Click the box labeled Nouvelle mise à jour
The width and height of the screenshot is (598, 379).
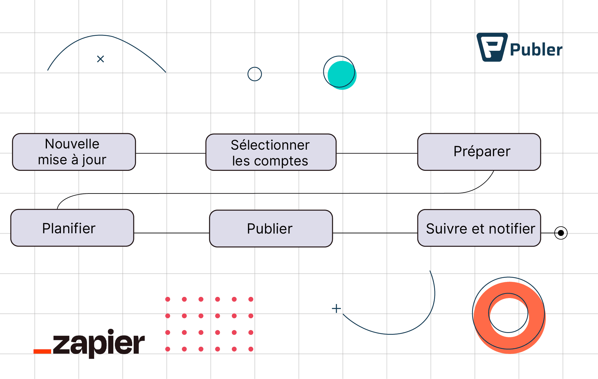point(74,152)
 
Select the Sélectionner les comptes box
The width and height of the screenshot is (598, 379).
point(271,152)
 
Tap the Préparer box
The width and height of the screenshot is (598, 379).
point(479,152)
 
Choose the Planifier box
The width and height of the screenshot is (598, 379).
point(72,228)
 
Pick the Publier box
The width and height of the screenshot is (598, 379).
point(271,229)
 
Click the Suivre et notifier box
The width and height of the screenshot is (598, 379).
point(479,228)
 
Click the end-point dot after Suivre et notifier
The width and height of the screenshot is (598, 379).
point(561,233)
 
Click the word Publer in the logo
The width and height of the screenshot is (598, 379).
point(536,50)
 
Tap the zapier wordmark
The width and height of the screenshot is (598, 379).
point(99,343)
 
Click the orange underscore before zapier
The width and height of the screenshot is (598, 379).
point(42,351)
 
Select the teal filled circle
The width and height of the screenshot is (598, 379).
point(341,75)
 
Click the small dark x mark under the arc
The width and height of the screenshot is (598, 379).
point(100,59)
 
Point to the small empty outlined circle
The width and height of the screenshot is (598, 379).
point(254,74)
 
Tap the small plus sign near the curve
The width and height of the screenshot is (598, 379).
point(336,309)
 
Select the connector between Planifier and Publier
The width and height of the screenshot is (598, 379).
point(172,233)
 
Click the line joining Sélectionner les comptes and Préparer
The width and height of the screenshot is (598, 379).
point(377,154)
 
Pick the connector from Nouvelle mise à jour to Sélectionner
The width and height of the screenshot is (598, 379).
point(171,154)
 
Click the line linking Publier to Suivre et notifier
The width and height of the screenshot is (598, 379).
point(375,233)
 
